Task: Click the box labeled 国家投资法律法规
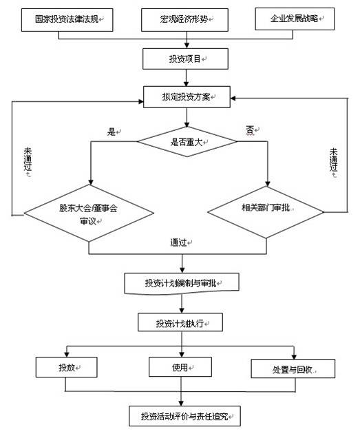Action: click(67, 20)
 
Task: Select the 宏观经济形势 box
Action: click(184, 20)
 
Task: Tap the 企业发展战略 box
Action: click(295, 19)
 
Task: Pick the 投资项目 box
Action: click(185, 59)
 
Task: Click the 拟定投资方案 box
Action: click(187, 96)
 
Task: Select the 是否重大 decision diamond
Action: click(187, 142)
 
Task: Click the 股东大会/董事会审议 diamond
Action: click(89, 214)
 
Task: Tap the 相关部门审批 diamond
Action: click(266, 212)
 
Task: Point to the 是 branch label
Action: click(112, 132)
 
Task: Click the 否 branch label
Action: click(250, 130)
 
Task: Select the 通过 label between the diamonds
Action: click(178, 242)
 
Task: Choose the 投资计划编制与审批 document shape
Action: click(182, 283)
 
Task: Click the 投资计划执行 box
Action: click(180, 322)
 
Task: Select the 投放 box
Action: click(66, 367)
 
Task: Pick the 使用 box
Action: click(180, 367)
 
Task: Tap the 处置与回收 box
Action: click(293, 368)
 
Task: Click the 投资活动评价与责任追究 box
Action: click(184, 416)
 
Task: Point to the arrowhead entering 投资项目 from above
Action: click(187, 45)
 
